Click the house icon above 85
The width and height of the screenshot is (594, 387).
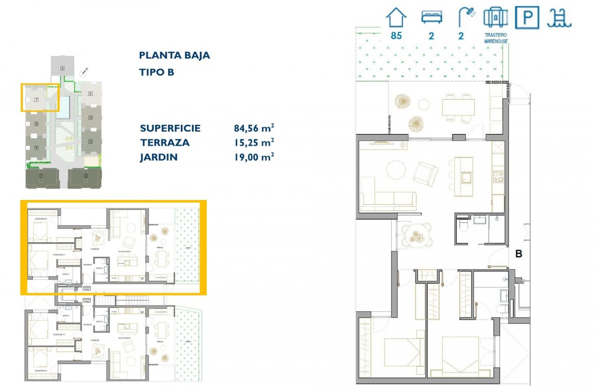(396, 18)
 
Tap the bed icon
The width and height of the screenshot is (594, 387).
(432, 17)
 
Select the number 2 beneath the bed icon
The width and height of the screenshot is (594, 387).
(431, 36)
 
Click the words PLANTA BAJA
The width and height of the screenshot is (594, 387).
(175, 56)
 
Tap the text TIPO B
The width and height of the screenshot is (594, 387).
(156, 72)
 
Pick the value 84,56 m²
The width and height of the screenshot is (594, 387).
(254, 128)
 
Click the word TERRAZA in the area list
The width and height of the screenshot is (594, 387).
(165, 143)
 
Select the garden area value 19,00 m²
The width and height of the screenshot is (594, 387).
(254, 157)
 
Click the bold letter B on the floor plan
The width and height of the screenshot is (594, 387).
(518, 254)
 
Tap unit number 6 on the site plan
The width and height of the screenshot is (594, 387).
(62, 68)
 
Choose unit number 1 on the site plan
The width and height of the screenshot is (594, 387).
(41, 176)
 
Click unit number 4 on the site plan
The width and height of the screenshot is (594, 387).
(90, 118)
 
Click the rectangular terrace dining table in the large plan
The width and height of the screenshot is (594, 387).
(458, 108)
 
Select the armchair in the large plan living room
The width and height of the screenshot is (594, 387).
(425, 173)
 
